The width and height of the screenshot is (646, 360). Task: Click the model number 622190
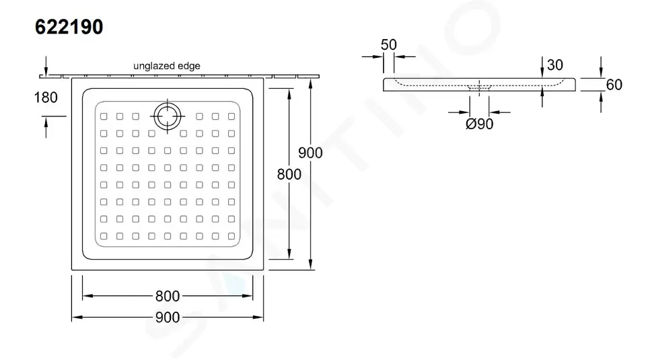coord(69,27)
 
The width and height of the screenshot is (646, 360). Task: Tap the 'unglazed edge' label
coord(167,66)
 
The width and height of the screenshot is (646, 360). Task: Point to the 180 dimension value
coord(46,98)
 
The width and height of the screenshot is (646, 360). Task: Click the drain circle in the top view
coord(168,116)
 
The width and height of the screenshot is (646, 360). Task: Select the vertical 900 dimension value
coord(310,153)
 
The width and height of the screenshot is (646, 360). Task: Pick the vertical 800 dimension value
coord(289,174)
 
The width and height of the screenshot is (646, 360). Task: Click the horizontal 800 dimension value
coord(168,296)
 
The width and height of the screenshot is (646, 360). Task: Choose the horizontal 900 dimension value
coord(168,317)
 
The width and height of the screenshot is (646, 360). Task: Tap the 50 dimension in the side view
coord(388,44)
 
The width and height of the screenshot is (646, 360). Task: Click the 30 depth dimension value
coord(555,65)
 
